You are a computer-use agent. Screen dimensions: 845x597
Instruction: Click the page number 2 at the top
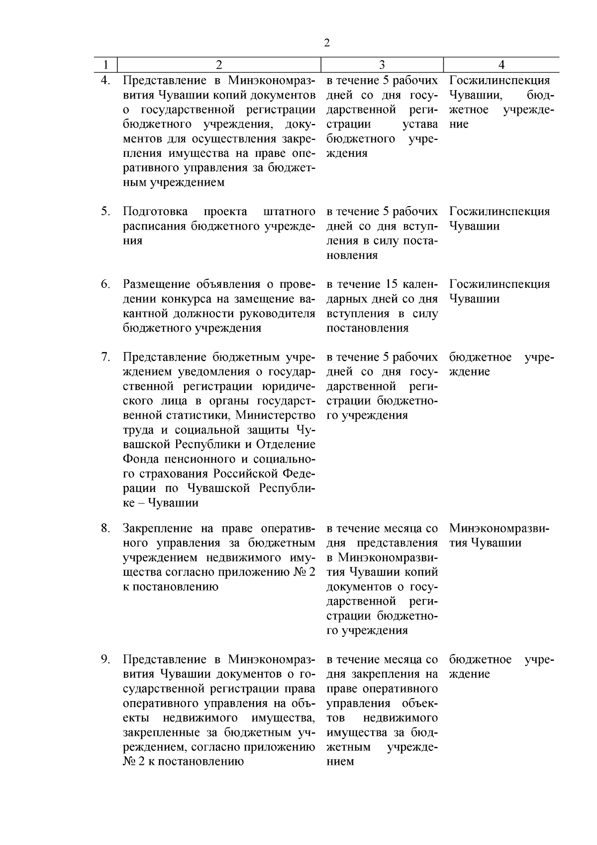[x=327, y=43]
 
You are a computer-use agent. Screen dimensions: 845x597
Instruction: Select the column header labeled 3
[x=382, y=65]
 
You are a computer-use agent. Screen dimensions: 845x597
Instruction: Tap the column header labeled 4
[x=501, y=65]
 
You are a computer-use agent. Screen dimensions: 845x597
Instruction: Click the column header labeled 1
[x=105, y=65]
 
